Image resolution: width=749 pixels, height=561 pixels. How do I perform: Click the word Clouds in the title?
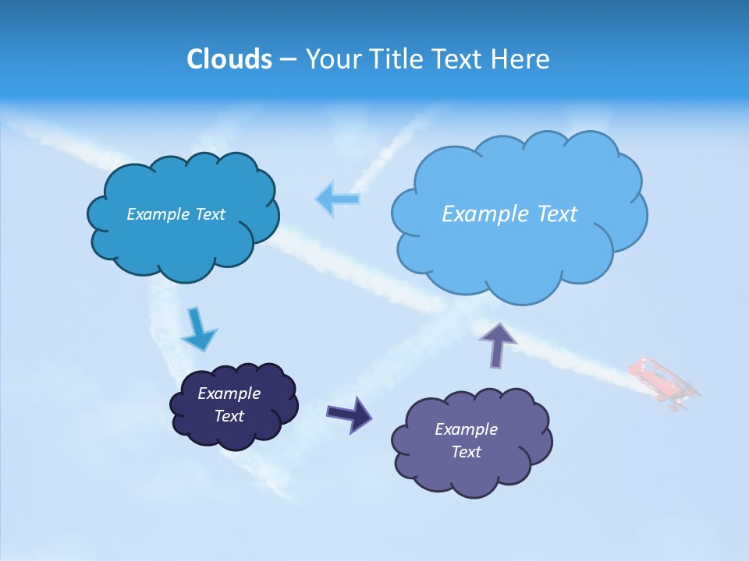pyautogui.click(x=229, y=59)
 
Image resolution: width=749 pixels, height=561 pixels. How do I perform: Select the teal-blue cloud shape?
pyautogui.click(x=184, y=242)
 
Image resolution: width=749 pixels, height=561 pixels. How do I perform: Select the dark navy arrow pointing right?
pyautogui.click(x=350, y=413)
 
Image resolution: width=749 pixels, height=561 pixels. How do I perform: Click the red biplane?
pyautogui.click(x=664, y=382)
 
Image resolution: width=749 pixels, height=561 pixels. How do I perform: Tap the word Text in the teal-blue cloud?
pyautogui.click(x=209, y=214)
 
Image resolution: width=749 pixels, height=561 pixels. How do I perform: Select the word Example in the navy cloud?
pyautogui.click(x=229, y=393)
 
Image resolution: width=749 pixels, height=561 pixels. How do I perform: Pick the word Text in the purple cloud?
pyautogui.click(x=467, y=452)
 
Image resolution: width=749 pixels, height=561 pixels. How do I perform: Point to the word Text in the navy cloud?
pyautogui.click(x=229, y=416)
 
